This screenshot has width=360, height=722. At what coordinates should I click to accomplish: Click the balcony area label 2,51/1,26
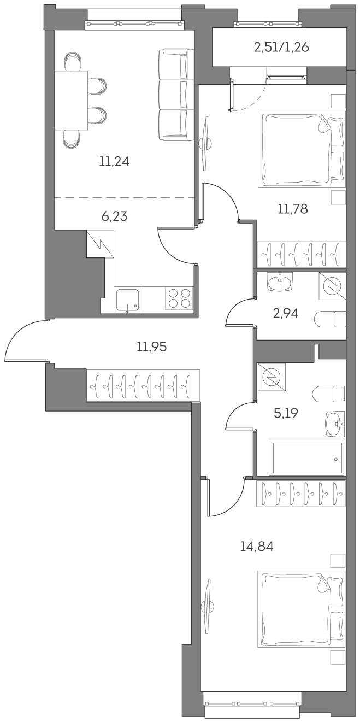pos(281,48)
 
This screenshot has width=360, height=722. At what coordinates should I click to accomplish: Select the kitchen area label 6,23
pos(114,216)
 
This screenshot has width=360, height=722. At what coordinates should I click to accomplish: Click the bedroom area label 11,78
pos(292,208)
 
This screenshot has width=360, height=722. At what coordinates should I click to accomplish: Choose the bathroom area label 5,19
pos(285,413)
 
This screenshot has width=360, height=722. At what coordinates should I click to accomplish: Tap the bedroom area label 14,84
pos(256,545)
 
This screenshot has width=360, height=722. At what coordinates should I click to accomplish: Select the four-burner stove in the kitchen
pos(180,298)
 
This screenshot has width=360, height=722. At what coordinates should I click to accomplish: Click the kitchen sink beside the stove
pos(127,300)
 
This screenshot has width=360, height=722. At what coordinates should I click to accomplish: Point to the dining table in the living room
pos(71,100)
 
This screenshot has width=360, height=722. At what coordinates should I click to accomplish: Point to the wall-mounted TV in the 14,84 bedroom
pos(206,607)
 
